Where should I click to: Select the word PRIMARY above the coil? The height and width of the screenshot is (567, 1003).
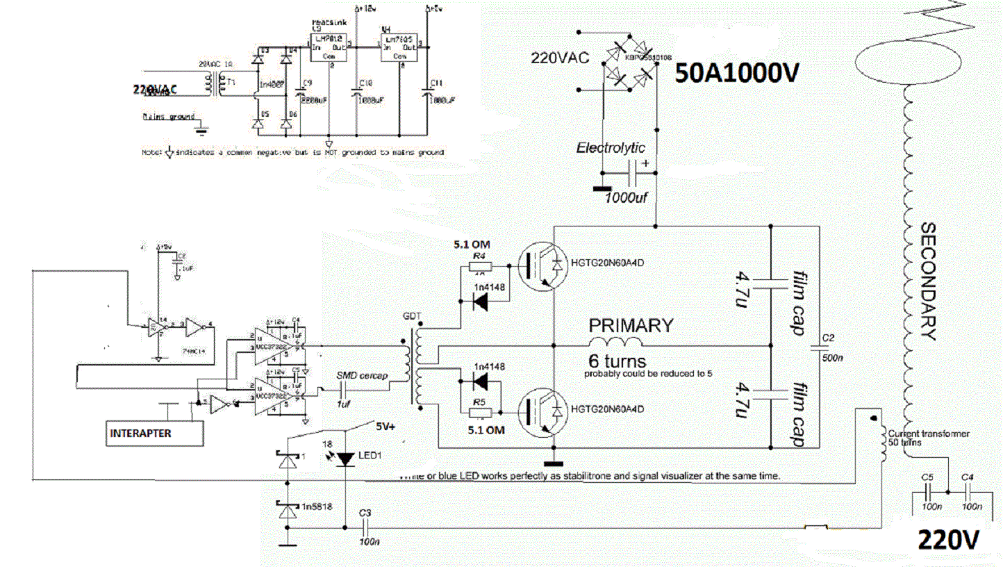click(x=631, y=324)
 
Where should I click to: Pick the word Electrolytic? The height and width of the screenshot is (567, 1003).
click(x=611, y=147)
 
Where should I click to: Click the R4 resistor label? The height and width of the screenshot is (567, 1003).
click(x=478, y=257)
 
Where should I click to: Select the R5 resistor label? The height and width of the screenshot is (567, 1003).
click(x=478, y=402)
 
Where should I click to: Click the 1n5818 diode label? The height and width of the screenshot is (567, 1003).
click(x=317, y=507)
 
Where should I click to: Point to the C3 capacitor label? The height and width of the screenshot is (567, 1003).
click(x=365, y=513)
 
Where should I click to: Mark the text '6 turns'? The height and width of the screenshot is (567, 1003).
click(x=617, y=361)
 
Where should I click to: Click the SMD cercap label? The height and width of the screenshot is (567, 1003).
click(x=363, y=376)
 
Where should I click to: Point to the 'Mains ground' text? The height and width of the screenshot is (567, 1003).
click(x=169, y=117)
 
